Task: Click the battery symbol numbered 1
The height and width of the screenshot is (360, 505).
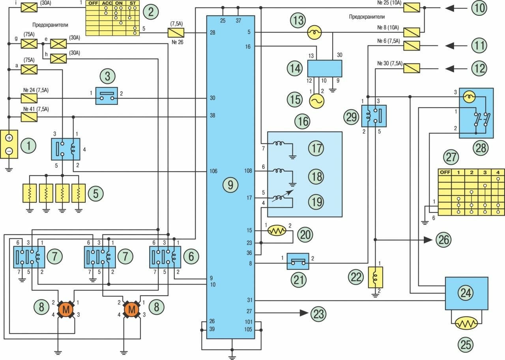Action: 9,144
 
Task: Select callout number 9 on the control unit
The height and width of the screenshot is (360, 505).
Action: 230,184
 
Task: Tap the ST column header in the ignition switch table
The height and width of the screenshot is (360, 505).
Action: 133,4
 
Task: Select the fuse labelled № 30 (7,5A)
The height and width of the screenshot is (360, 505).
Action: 412,69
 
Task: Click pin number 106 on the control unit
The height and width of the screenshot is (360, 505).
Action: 213,172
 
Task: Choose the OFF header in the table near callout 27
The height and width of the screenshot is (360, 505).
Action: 445,172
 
